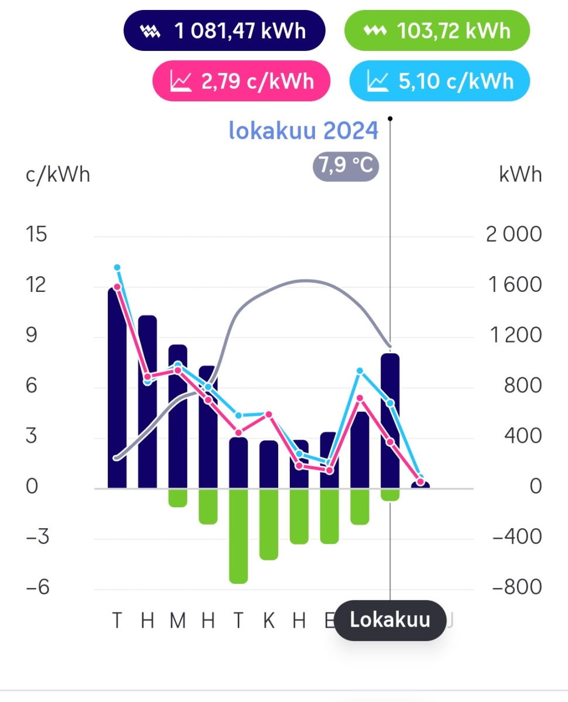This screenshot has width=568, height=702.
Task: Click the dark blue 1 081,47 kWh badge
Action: [x=224, y=30]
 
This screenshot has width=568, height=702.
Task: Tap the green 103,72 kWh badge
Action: [x=437, y=30]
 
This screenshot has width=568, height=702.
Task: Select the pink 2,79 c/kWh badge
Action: [x=241, y=81]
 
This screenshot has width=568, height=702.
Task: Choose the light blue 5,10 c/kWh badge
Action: [x=439, y=81]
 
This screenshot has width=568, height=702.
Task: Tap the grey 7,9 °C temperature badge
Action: [x=345, y=166]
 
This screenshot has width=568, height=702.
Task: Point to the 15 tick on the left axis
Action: [x=37, y=235]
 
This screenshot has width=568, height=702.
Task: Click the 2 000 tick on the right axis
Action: [x=514, y=235]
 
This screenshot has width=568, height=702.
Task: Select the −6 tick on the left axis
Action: [x=36, y=587]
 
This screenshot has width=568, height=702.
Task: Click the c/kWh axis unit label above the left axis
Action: [x=58, y=174]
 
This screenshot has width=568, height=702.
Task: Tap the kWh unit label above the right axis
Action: [x=520, y=174]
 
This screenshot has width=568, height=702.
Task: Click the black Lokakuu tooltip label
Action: [x=390, y=620]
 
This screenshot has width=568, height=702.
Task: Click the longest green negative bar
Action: [x=238, y=535]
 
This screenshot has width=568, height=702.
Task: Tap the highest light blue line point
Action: [x=117, y=267]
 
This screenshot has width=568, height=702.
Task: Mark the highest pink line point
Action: [x=117, y=287]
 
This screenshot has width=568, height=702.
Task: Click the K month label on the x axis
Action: [x=269, y=620]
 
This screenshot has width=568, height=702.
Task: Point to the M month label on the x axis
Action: [x=177, y=620]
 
